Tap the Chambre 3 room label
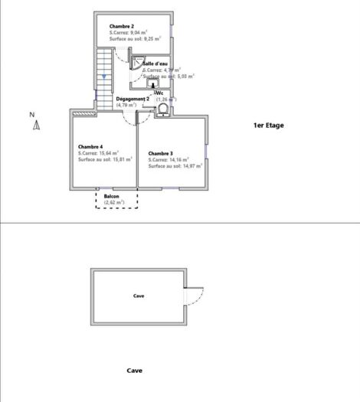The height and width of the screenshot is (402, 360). [161, 152]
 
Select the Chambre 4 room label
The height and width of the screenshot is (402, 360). [90, 146]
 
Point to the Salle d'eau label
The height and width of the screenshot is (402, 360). [155, 64]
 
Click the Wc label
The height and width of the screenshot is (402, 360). [159, 93]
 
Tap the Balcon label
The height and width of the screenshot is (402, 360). [112, 196]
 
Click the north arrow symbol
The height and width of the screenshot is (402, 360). [35, 126]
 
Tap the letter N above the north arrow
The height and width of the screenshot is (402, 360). [33, 114]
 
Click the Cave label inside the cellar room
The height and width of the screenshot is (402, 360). [139, 296]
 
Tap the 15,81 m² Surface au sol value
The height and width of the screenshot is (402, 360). [119, 159]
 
